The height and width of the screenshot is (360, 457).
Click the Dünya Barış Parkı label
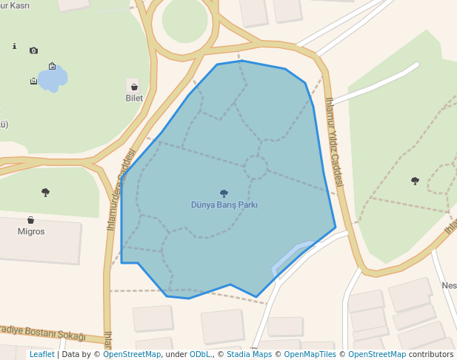coord(224,205)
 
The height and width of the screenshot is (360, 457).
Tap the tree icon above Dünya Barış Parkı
coord(224,194)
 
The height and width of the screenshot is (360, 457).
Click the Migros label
coord(31,231)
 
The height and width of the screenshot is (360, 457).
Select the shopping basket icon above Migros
coord(31,220)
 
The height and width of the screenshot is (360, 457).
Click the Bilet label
coord(134,98)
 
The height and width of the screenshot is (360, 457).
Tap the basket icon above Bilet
coord(134,87)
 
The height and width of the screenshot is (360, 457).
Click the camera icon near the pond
coord(33,50)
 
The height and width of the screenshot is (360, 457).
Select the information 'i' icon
coord(14,46)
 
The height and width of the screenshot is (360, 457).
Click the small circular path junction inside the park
coord(256,167)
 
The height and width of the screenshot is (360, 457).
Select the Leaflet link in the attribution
coord(42,354)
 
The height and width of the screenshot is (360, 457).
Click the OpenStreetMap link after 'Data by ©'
coord(132,354)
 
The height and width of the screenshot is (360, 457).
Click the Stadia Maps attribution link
coord(248,354)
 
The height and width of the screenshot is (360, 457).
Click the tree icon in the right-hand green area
coord(415,181)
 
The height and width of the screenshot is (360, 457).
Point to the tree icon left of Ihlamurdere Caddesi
coord(46,193)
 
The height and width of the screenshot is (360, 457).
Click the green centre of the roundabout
coord(185,22)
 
